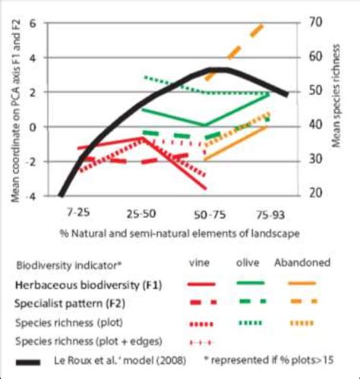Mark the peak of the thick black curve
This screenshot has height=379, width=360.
tap(219, 71)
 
